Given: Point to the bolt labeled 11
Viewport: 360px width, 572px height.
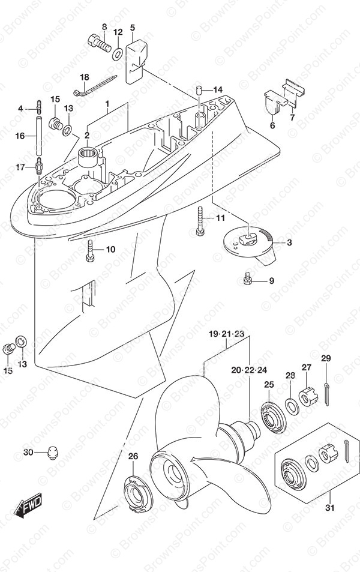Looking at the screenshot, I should tap(199, 221).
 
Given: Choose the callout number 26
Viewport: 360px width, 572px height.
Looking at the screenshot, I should tap(133, 457).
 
